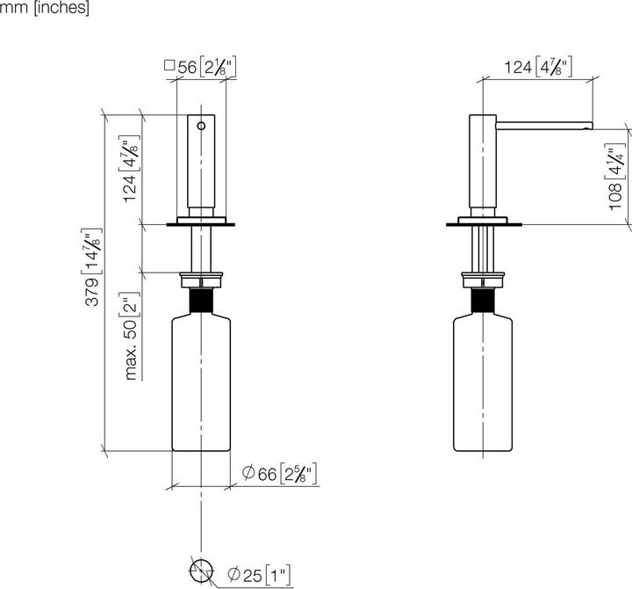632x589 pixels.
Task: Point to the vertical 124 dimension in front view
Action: [130, 170]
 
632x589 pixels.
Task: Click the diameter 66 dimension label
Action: [278, 476]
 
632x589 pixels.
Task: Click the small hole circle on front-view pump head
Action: [202, 126]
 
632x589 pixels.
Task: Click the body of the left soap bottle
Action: [202, 387]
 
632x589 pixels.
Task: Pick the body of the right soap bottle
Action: [483, 387]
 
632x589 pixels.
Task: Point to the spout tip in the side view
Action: [590, 126]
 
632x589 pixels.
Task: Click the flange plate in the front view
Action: [202, 224]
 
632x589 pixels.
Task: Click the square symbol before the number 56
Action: [169, 64]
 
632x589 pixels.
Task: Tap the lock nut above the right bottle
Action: [483, 282]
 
